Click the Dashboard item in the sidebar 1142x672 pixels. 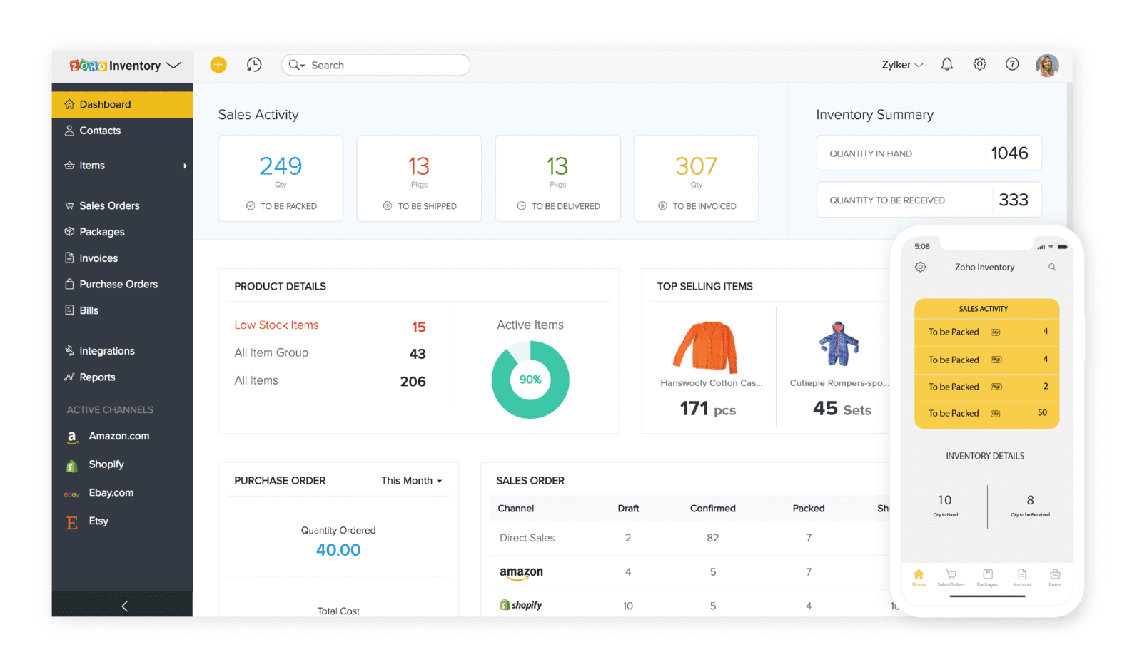pyautogui.click(x=105, y=104)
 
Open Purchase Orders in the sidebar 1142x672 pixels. pyautogui.click(x=118, y=284)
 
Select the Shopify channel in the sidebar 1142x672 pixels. pyautogui.click(x=106, y=464)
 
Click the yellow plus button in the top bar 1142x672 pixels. pyautogui.click(x=218, y=65)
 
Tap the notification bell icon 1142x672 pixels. pyautogui.click(x=946, y=64)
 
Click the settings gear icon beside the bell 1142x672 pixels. pyautogui.click(x=979, y=64)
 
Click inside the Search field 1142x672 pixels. pyautogui.click(x=385, y=65)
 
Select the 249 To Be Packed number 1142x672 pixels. pyautogui.click(x=281, y=166)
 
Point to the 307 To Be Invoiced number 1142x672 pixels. pyautogui.click(x=696, y=166)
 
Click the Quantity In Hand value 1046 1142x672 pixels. pyautogui.click(x=1009, y=153)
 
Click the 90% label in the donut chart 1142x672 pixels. pyautogui.click(x=530, y=380)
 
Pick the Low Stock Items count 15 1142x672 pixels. pyautogui.click(x=418, y=327)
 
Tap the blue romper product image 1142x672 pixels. pyautogui.click(x=839, y=344)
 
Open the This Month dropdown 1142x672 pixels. pyautogui.click(x=411, y=481)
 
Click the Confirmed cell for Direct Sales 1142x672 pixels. pyautogui.click(x=712, y=538)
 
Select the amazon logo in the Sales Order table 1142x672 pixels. pyautogui.click(x=521, y=572)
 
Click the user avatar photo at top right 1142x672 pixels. pyautogui.click(x=1046, y=65)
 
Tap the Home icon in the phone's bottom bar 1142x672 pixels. pyautogui.click(x=919, y=575)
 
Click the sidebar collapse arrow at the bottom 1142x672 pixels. pyautogui.click(x=124, y=606)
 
